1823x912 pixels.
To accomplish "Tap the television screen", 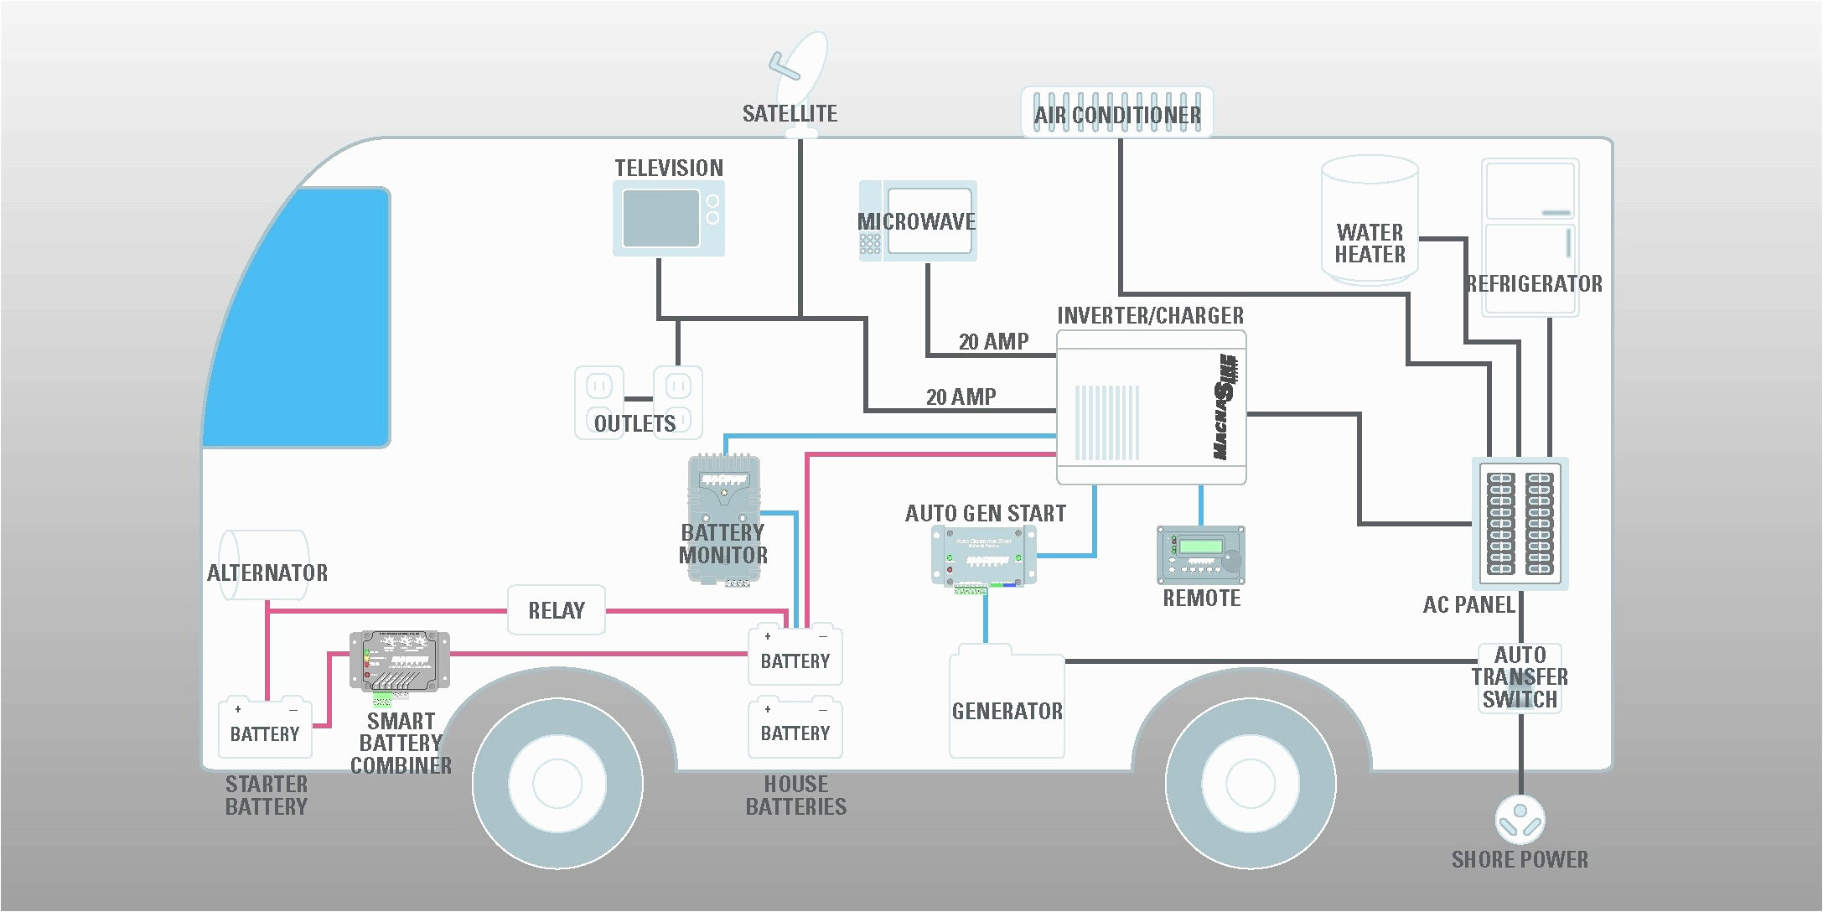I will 661,218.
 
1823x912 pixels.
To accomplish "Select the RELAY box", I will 557,610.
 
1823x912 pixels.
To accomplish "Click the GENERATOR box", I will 1007,708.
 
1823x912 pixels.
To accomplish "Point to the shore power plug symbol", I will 1520,819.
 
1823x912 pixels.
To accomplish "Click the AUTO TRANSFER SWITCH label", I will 1519,677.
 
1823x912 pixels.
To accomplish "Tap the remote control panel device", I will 1200,555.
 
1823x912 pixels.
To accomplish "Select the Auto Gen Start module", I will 984,556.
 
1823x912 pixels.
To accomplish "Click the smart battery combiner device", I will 399,661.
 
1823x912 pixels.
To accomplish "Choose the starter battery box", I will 265,729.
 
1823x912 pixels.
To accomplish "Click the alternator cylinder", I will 264,565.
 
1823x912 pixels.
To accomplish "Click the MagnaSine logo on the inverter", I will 1225,406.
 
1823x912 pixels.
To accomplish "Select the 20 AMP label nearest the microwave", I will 993,342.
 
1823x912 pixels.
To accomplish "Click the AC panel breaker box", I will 1520,524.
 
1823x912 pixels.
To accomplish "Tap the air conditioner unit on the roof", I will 1117,112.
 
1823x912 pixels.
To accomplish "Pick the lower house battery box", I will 795,729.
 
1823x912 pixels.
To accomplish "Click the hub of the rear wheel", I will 1251,783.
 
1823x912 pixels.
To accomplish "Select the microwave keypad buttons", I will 870,244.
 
